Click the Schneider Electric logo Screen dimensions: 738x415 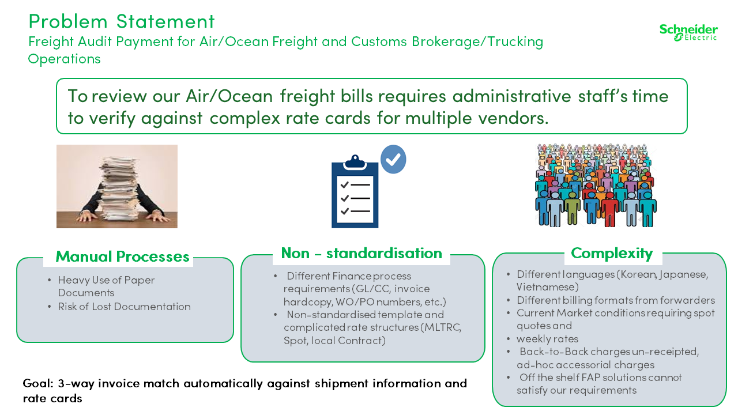(688, 33)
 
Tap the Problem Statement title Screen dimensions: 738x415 (122, 21)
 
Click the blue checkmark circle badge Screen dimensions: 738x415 (393, 160)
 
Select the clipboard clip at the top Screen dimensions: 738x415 (355, 162)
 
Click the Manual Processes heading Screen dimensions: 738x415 (122, 256)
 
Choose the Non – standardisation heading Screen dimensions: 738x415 (362, 253)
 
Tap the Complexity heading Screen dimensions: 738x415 (612, 254)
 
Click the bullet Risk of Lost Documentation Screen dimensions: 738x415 (124, 307)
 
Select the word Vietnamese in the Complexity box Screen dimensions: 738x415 (547, 287)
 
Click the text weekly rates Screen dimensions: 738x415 (547, 338)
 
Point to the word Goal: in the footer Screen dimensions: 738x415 (38, 384)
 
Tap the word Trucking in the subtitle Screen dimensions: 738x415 (515, 42)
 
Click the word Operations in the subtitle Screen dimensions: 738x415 (64, 59)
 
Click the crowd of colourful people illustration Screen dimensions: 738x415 (596, 185)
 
